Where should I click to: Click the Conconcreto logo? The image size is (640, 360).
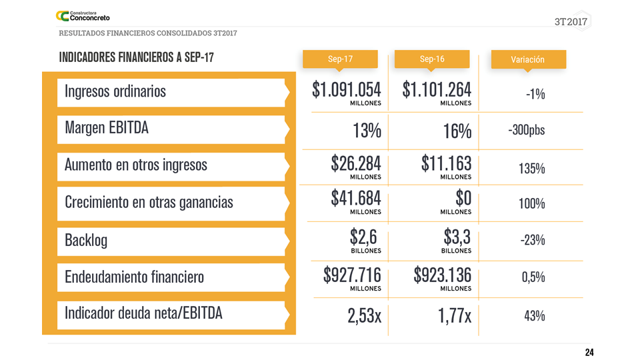(x=83, y=15)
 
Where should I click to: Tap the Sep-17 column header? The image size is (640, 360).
(x=340, y=59)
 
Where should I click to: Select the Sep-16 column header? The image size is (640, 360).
(x=432, y=59)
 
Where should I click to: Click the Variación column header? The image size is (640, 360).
(x=528, y=59)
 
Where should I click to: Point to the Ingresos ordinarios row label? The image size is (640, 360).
(x=115, y=91)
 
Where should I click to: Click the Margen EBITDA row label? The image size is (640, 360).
(x=107, y=127)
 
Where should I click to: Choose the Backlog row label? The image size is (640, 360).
(x=86, y=240)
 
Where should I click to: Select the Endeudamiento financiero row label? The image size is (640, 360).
(x=134, y=277)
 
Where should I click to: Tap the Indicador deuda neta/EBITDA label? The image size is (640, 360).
(x=143, y=313)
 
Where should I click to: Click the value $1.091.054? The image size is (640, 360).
(x=347, y=90)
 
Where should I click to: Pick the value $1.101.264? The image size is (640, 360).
(x=437, y=90)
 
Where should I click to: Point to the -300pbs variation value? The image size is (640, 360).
(x=527, y=130)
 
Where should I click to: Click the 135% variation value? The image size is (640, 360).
(x=531, y=169)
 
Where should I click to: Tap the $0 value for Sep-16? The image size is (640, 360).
(x=463, y=198)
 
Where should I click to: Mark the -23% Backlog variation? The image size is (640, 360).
(x=533, y=240)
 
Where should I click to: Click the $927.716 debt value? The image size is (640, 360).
(x=352, y=275)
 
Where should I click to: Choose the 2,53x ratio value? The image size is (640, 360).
(x=364, y=315)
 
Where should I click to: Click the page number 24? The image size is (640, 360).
(x=589, y=353)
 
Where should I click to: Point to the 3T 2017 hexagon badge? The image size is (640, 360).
(x=573, y=21)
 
